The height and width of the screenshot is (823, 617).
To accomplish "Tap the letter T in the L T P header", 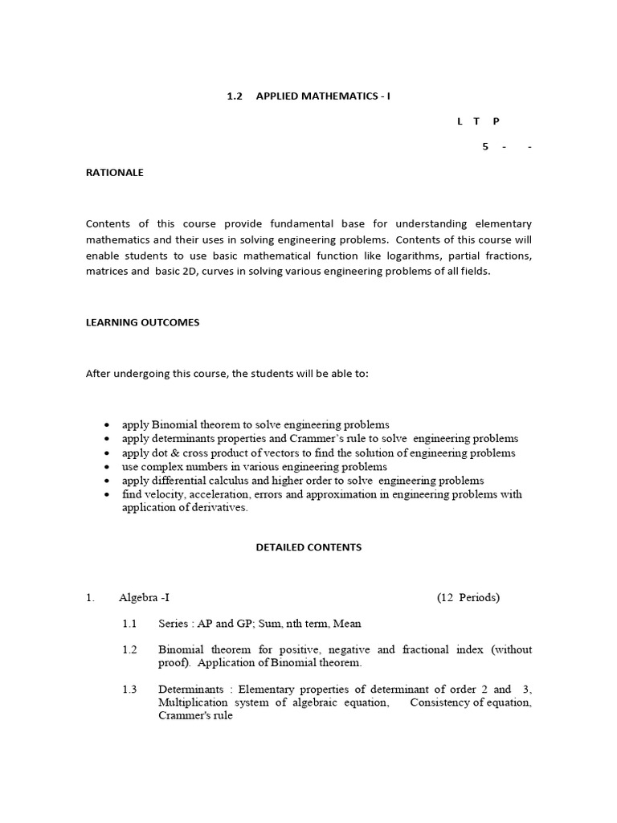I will [x=476, y=121].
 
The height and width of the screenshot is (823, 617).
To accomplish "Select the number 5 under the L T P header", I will [x=485, y=146].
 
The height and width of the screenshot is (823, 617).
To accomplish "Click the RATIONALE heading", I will [x=115, y=172].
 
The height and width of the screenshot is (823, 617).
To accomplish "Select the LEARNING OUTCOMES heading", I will [x=142, y=322].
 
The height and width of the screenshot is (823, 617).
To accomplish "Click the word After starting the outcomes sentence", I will [x=99, y=374].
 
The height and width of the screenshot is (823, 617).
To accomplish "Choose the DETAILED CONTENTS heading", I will [x=308, y=547].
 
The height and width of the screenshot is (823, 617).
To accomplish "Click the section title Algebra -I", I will [x=144, y=597].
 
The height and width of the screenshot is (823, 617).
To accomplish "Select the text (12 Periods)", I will [x=468, y=597].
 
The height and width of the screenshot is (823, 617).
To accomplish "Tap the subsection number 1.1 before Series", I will [x=129, y=624].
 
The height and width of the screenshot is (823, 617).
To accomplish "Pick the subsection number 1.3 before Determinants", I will [x=129, y=690].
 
